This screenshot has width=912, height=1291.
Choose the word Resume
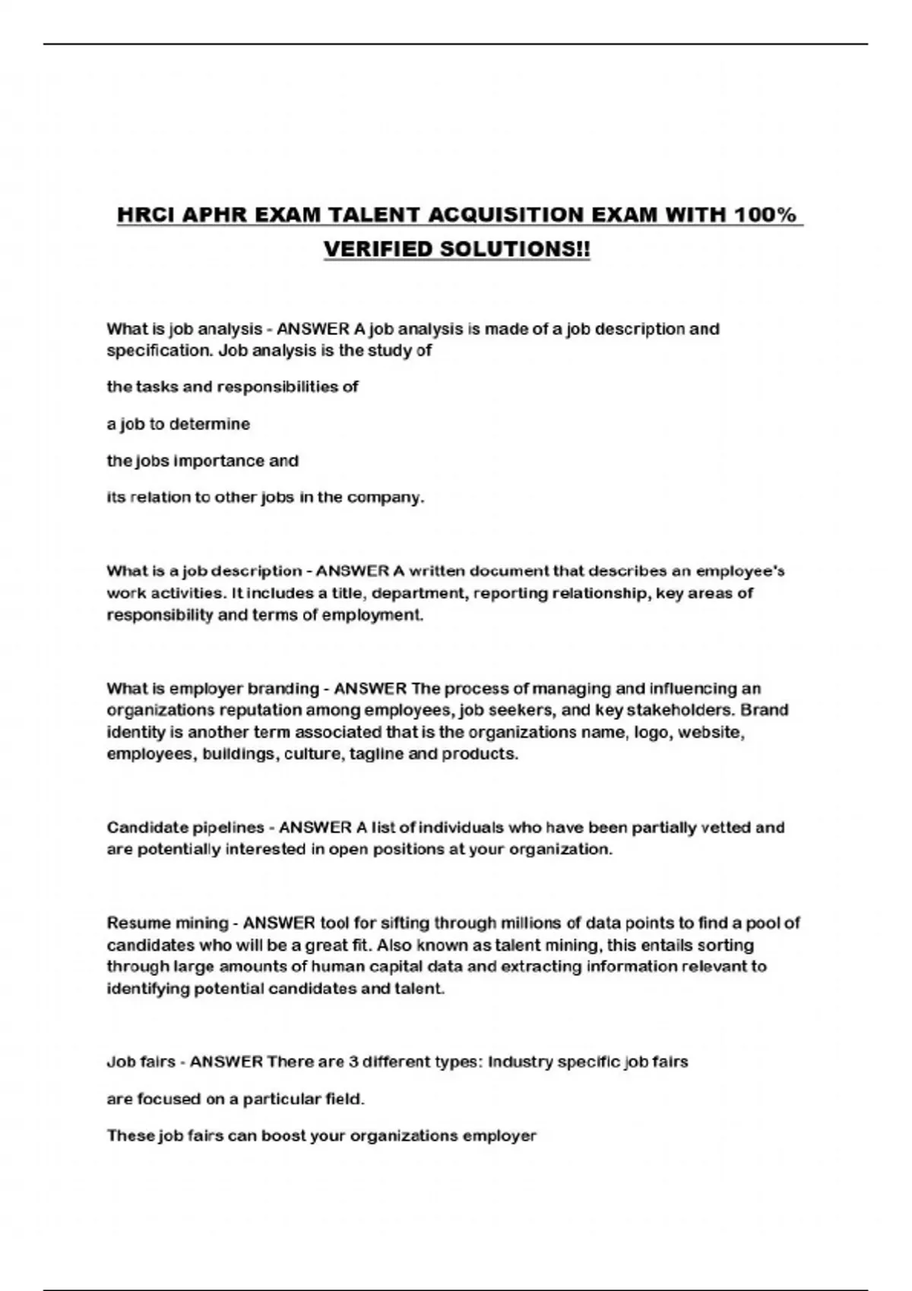tap(139, 923)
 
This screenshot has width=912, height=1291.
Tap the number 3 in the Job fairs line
tap(353, 1062)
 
